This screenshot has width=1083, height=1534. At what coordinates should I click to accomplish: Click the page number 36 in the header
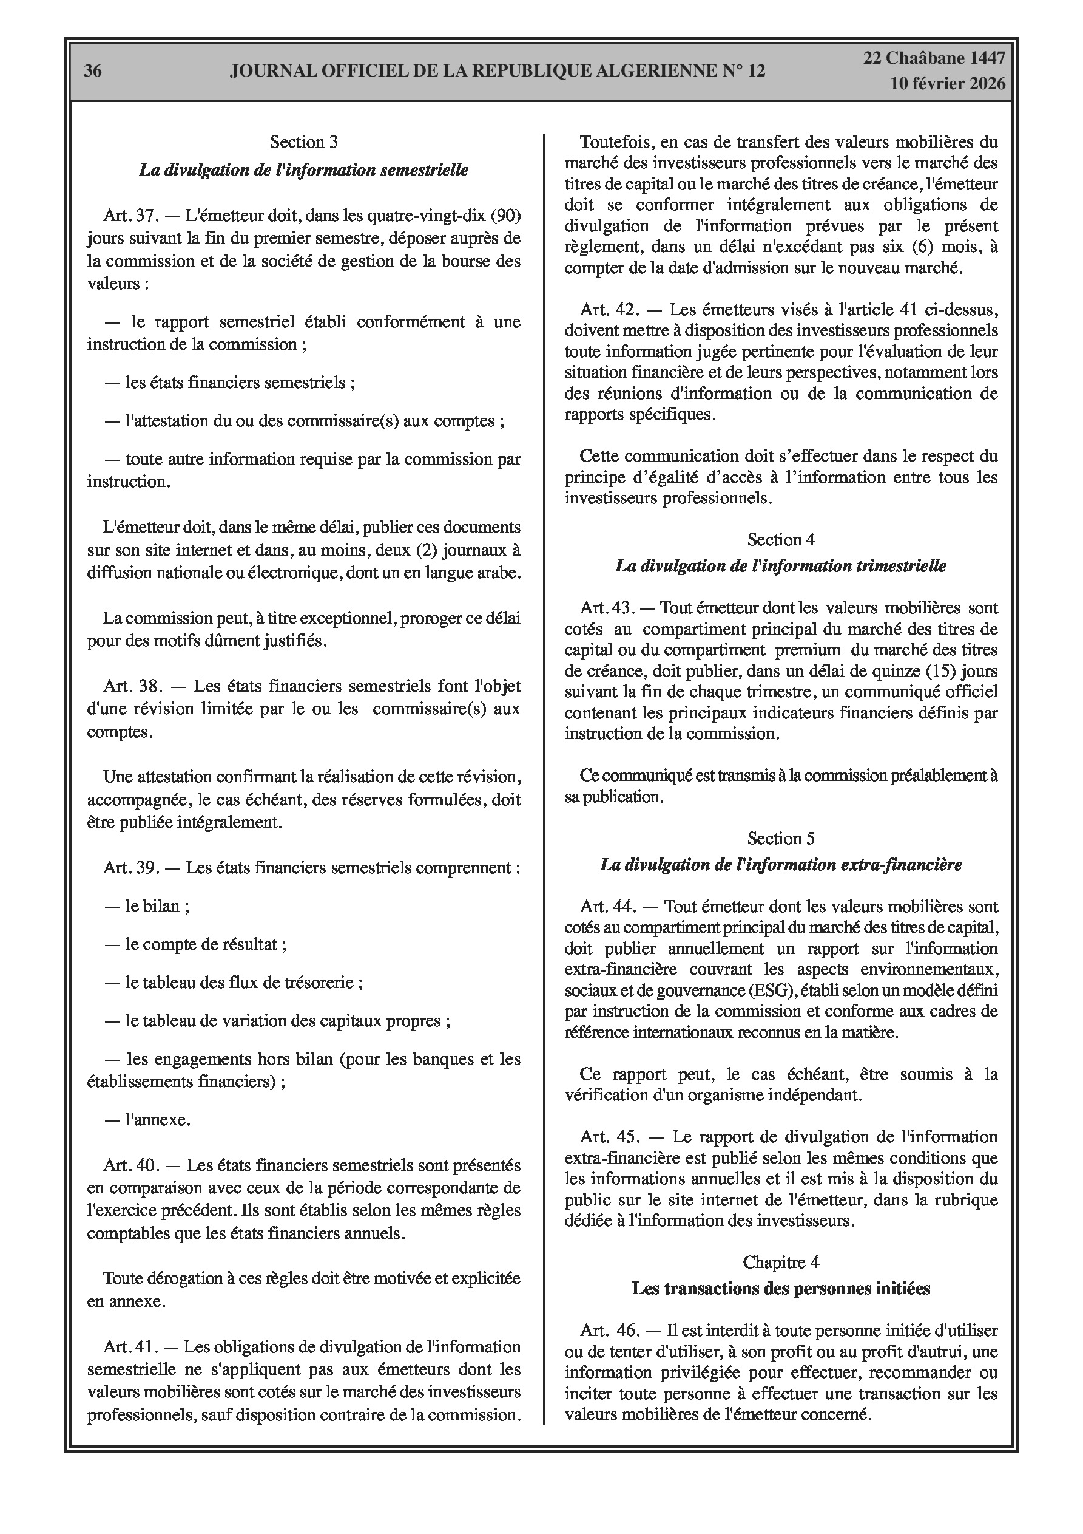pos(93,71)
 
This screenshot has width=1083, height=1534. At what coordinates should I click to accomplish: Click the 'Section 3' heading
pos(304,141)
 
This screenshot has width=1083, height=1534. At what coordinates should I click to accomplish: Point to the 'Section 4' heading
pos(780,539)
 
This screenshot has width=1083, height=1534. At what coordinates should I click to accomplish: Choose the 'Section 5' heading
pos(780,838)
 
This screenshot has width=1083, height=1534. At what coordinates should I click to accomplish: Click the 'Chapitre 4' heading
pos(780,1261)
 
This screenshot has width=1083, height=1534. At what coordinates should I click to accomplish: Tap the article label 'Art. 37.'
pos(129,216)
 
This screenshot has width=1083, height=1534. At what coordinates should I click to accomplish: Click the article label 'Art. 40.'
pos(129,1165)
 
